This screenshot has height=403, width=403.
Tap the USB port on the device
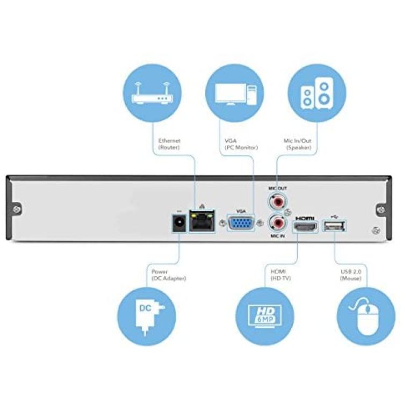point(334,226)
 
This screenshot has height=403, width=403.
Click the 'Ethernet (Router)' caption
point(169,143)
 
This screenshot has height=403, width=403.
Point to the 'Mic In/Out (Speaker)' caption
point(298,143)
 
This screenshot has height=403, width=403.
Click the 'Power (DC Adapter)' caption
point(168,275)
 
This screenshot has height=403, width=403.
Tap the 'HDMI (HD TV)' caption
point(281,275)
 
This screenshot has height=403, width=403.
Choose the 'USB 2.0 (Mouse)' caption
point(351,275)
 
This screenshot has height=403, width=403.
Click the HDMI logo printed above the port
point(305,218)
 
